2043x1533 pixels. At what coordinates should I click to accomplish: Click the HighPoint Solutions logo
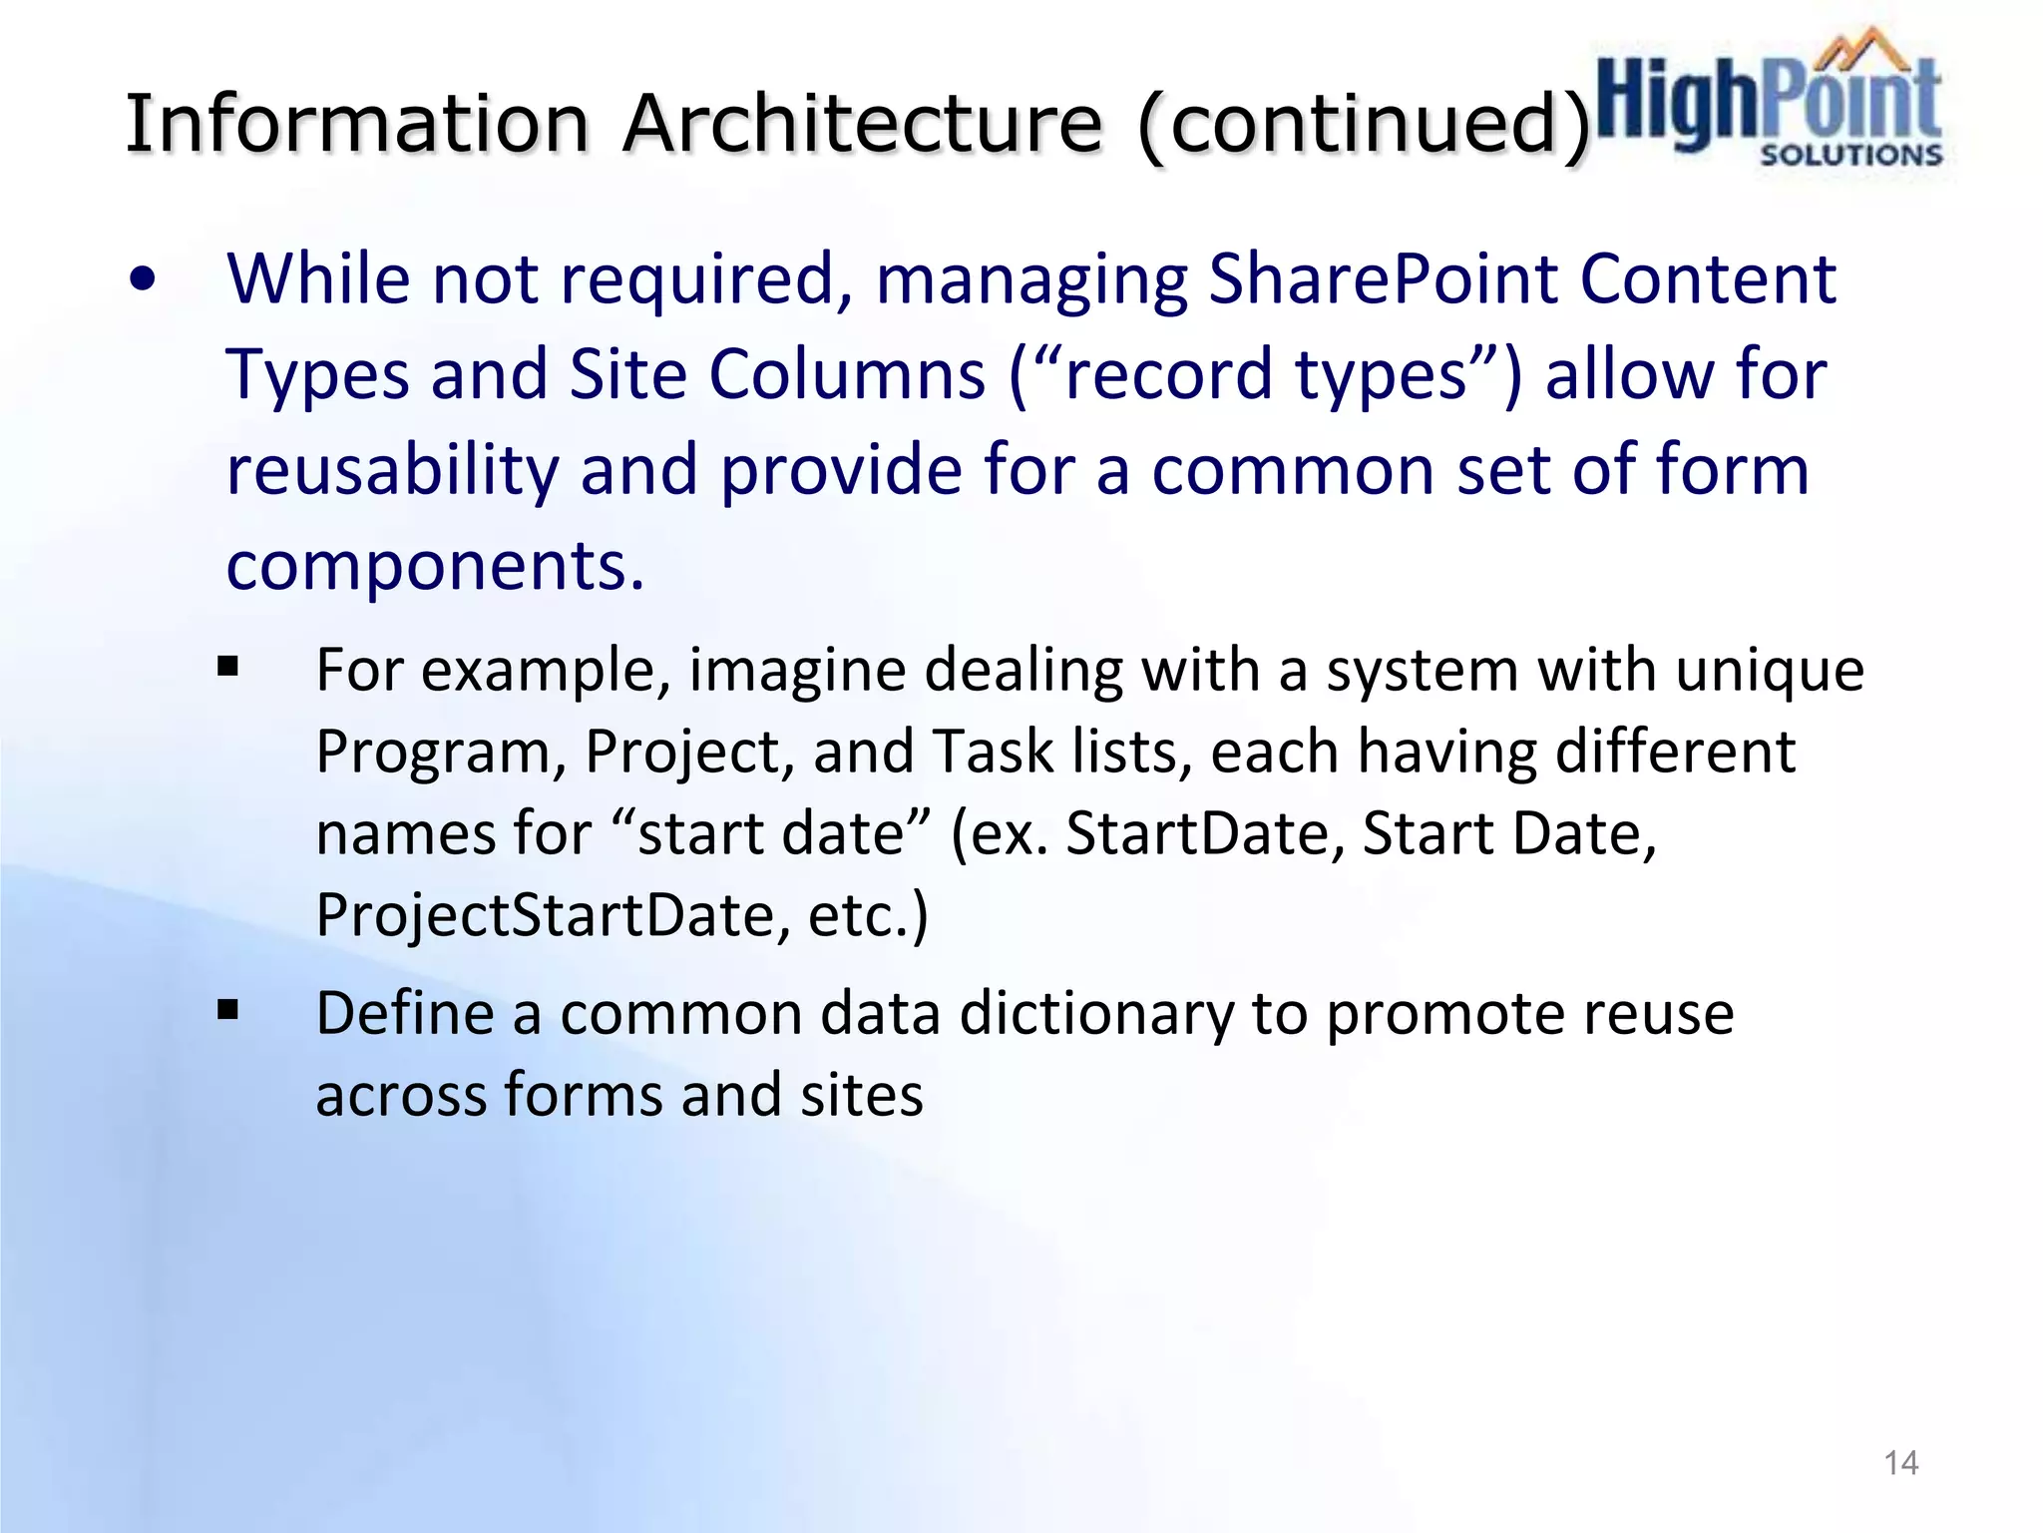[1768, 100]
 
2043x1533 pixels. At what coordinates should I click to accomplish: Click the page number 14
[1900, 1463]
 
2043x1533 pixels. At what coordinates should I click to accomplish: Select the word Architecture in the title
[863, 124]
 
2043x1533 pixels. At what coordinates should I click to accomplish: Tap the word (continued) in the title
[1364, 126]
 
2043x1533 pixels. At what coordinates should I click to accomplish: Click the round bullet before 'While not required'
[143, 280]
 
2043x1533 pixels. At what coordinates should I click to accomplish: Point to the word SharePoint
[1383, 278]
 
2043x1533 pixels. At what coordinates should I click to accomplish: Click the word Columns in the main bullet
[847, 374]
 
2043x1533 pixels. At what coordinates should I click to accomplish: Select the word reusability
[392, 470]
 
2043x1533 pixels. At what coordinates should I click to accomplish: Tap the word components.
[434, 566]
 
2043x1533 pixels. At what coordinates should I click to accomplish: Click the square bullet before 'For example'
[228, 666]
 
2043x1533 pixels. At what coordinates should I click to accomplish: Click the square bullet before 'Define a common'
[228, 1011]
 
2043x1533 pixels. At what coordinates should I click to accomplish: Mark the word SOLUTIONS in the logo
[1850, 156]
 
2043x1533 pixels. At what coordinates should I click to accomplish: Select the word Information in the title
[357, 124]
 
